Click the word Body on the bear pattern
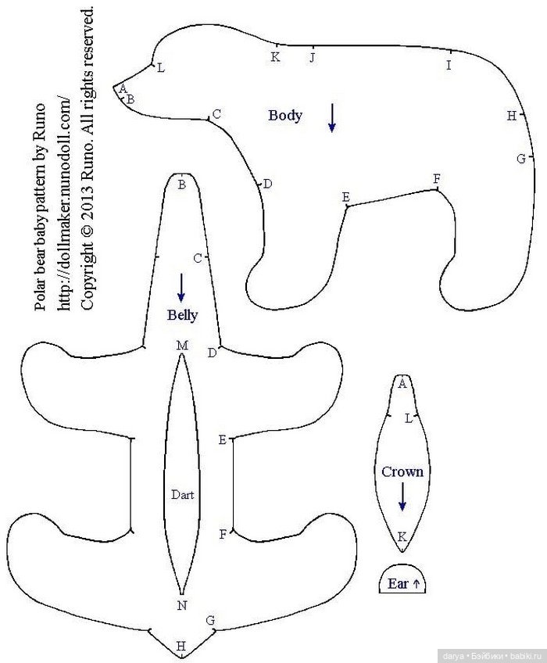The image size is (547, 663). [x=285, y=116]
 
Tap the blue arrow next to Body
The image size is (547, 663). [x=332, y=118]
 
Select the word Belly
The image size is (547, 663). [x=182, y=315]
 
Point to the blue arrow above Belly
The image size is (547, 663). [x=181, y=288]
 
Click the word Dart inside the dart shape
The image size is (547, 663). [x=183, y=495]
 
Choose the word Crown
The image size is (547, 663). [x=402, y=472]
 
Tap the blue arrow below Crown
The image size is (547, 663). [x=402, y=496]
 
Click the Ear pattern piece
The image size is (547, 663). [x=402, y=579]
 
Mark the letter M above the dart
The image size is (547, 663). [x=182, y=346]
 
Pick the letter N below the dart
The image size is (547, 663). [x=182, y=605]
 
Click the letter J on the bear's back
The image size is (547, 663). [x=312, y=57]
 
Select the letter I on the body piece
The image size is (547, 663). [x=449, y=65]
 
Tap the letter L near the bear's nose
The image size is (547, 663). [x=161, y=68]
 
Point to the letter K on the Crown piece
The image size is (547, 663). [x=402, y=537]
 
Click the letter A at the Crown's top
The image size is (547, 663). [x=402, y=384]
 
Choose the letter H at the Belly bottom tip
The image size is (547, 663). [x=181, y=646]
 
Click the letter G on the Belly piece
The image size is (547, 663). [x=210, y=620]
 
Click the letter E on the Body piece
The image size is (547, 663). [x=346, y=197]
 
